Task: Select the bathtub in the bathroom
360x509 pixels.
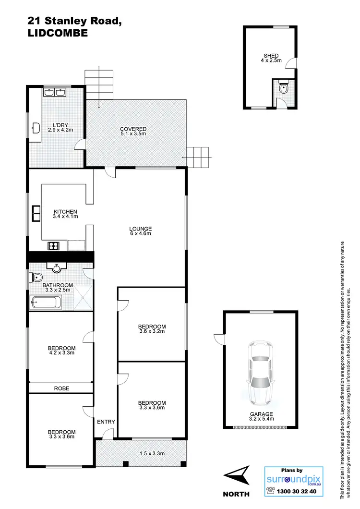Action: tap(46, 303)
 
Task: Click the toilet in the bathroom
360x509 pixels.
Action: tap(36, 277)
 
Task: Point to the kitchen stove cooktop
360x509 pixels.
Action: tap(53, 246)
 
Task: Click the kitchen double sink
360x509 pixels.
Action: tap(36, 212)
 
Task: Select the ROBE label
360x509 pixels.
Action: tap(61, 388)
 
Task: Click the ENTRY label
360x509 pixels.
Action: tap(106, 422)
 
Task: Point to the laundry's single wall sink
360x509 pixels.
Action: tap(36, 127)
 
